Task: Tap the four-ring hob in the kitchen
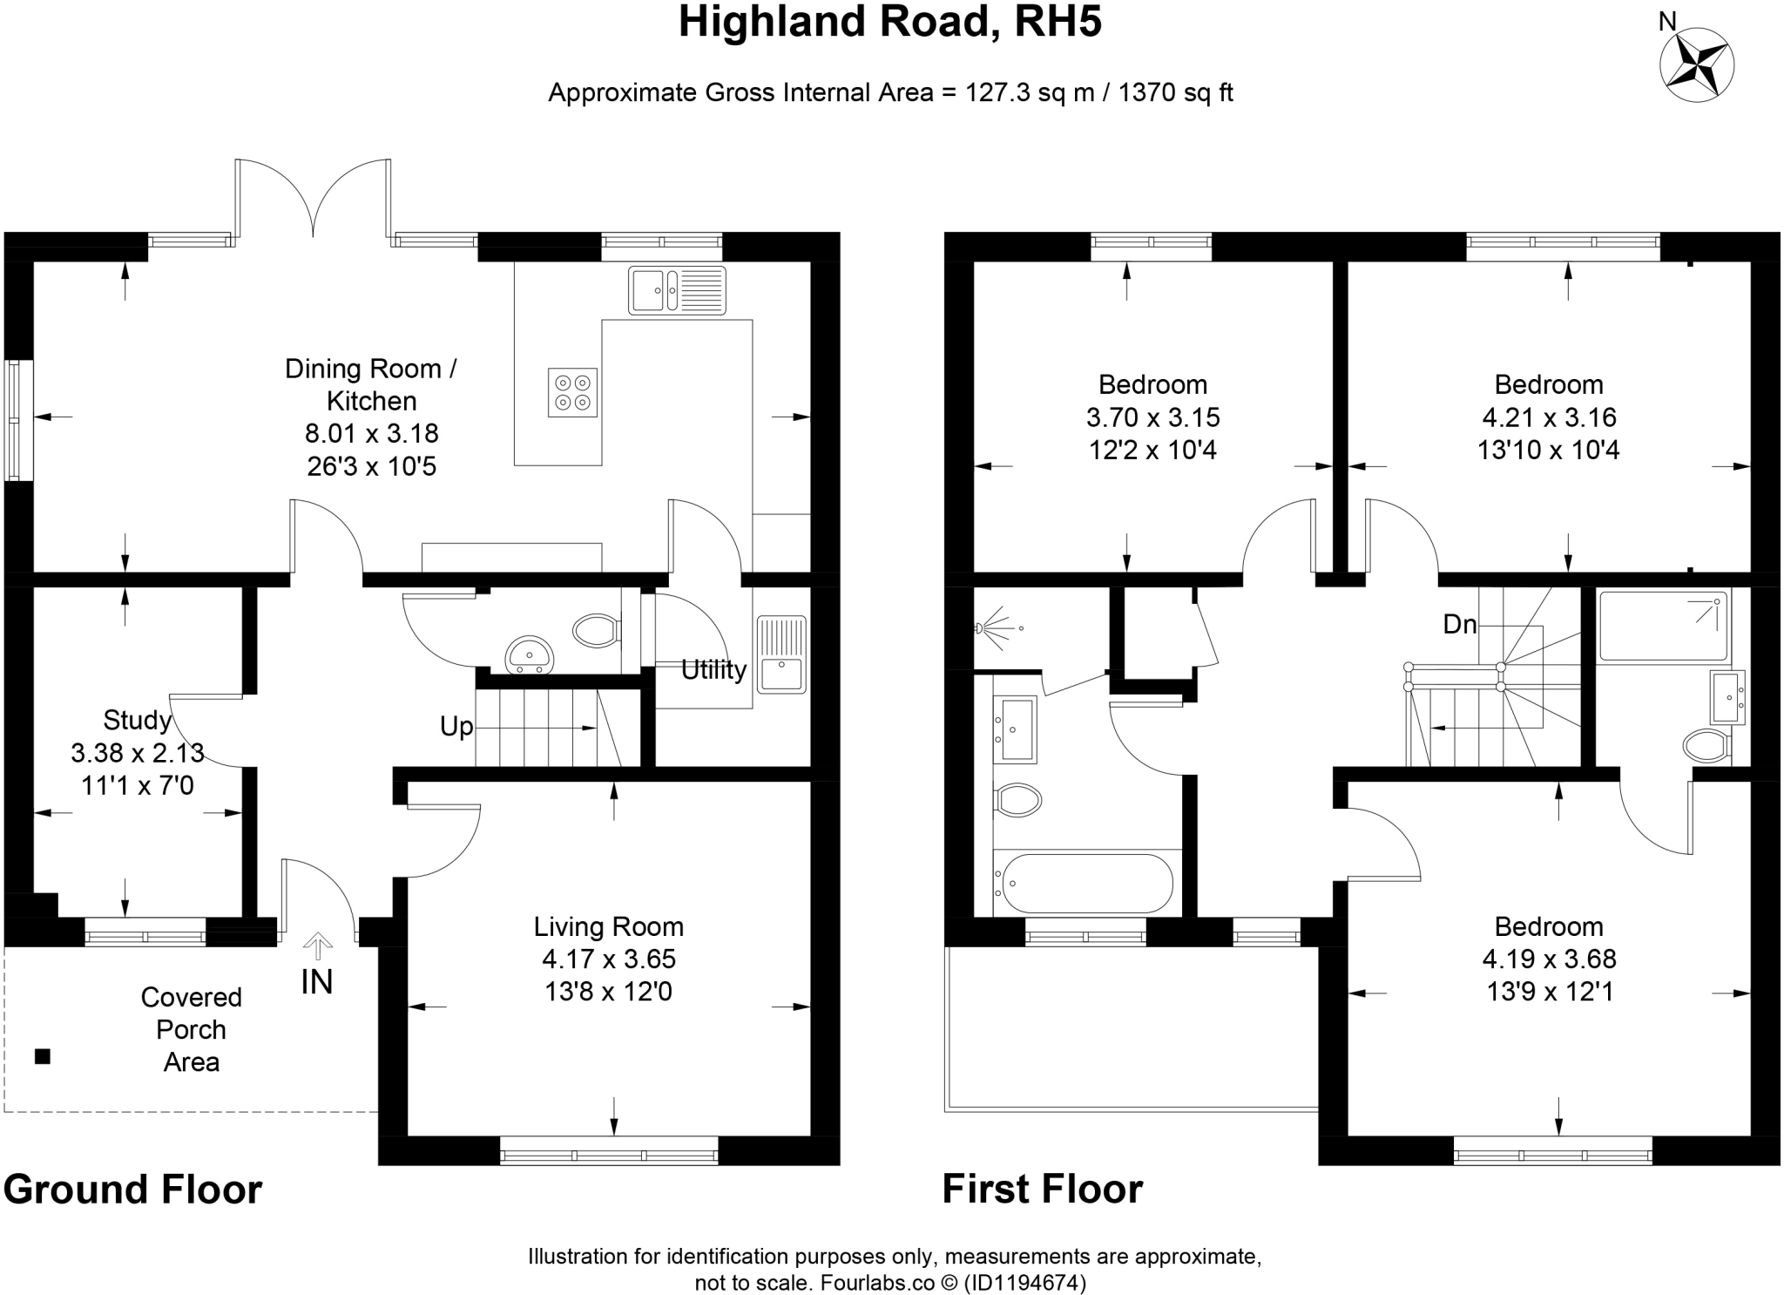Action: (572, 392)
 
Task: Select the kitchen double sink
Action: (677, 289)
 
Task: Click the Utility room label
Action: (713, 669)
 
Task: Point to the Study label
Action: (137, 720)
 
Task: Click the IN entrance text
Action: (317, 982)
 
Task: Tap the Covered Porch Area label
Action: (191, 1029)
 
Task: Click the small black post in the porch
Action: (42, 1057)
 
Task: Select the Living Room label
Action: (608, 926)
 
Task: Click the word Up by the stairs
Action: (456, 726)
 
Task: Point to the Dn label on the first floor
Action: (1460, 624)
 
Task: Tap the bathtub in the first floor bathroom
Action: (1087, 883)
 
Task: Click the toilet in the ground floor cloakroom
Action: (596, 629)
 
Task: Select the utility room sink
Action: (781, 655)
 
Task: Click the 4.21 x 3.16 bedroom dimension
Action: (1548, 417)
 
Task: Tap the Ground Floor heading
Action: (132, 1190)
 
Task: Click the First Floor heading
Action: (1042, 1190)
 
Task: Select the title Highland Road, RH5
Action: (890, 23)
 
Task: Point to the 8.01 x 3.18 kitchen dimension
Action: (371, 433)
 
